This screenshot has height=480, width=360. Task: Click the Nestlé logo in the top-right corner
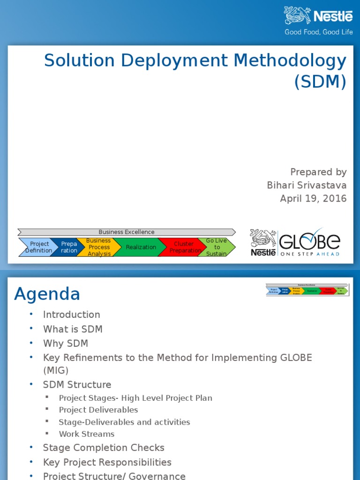tap(318, 16)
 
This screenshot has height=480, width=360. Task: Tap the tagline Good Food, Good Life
tap(319, 32)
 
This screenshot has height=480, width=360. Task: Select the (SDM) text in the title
tap(321, 82)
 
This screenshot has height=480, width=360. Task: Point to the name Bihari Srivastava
tap(307, 185)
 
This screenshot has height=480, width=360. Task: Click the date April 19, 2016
tap(313, 198)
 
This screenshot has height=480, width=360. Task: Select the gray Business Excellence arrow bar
tap(126, 232)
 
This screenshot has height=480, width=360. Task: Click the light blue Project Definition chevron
tap(37, 247)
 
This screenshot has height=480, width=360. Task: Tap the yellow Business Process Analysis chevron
tap(98, 247)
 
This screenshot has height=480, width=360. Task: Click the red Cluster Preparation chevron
tap(183, 247)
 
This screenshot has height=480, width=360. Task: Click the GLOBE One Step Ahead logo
tap(295, 242)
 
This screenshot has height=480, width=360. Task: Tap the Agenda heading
tap(47, 294)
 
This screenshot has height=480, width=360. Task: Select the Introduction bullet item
tap(71, 315)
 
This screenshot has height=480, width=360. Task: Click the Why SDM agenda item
tap(65, 344)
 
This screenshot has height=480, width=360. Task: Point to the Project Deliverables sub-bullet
tap(98, 410)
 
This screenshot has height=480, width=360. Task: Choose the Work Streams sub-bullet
tap(86, 434)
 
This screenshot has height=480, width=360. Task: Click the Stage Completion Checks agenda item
tap(103, 448)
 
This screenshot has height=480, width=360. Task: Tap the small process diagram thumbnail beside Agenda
tap(307, 289)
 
